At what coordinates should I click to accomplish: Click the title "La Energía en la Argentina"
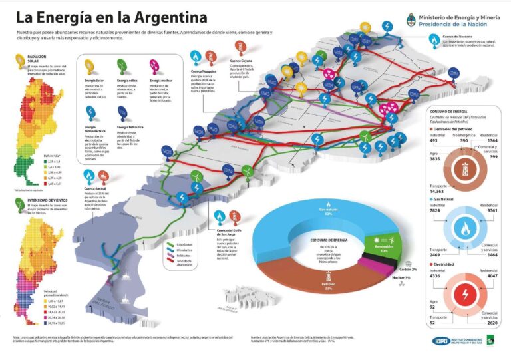[111, 17]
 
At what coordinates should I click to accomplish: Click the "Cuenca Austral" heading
[94, 190]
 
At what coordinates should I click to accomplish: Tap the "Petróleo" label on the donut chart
[311, 285]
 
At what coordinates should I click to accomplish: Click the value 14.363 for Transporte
[438, 190]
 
